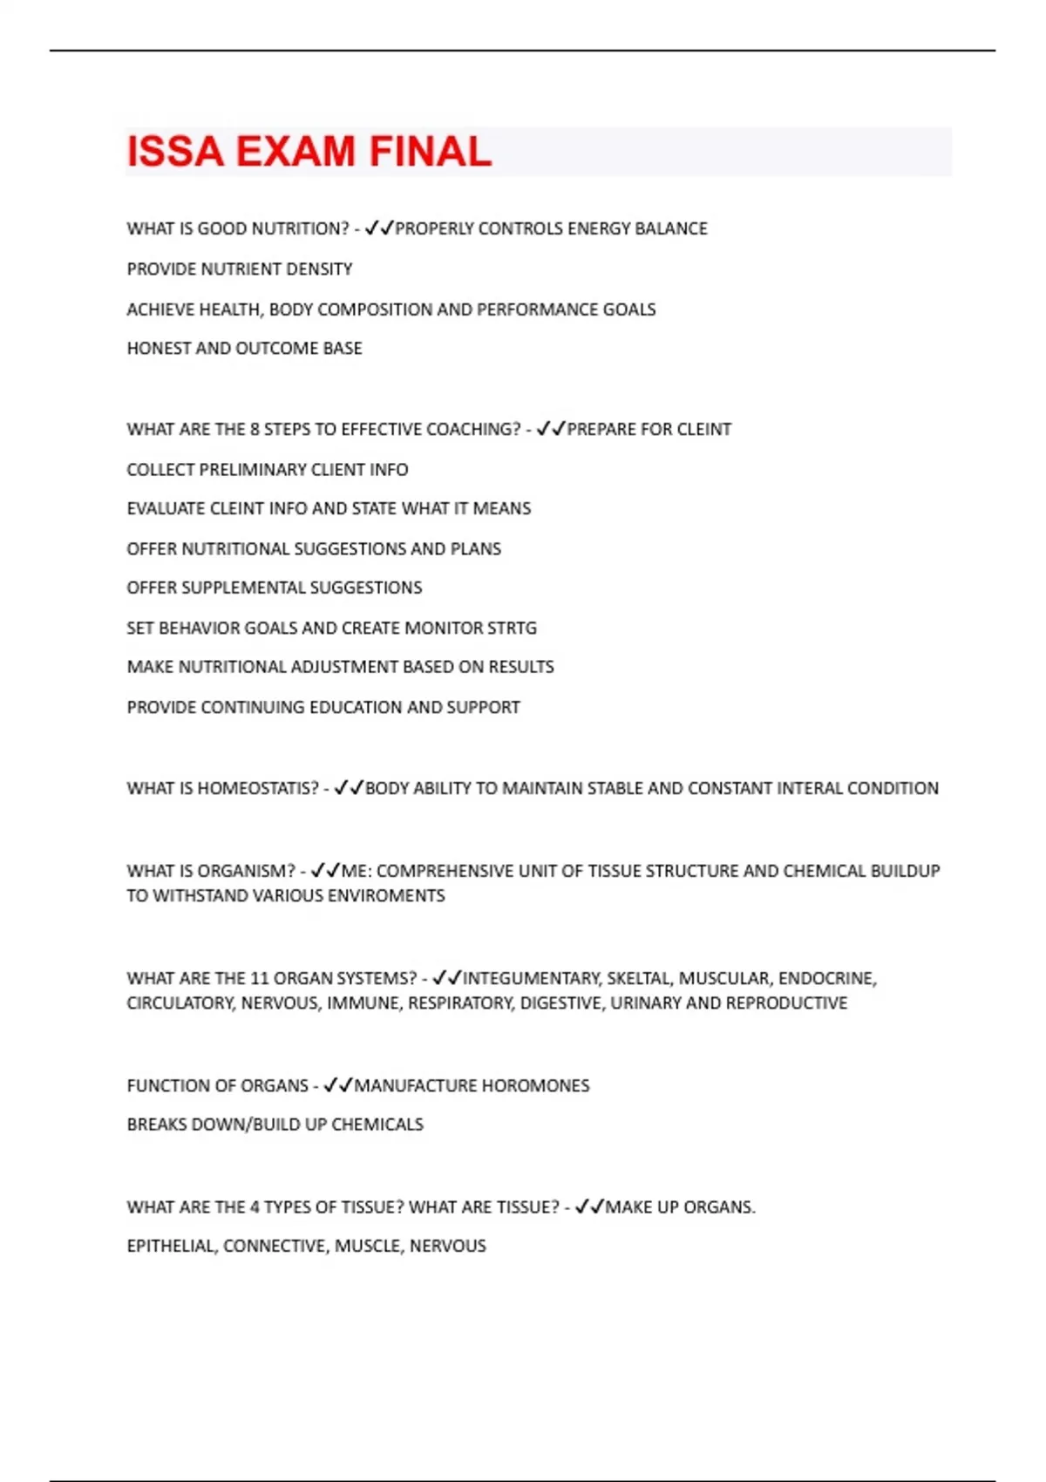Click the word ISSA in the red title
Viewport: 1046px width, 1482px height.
[175, 152]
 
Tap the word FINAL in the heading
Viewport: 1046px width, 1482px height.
[430, 152]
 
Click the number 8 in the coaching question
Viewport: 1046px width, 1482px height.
[255, 430]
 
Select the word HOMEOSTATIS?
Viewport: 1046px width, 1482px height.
[258, 789]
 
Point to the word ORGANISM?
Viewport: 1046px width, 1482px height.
[247, 871]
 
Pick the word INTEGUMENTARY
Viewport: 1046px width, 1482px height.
[532, 979]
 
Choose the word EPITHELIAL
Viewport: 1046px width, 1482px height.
[171, 1247]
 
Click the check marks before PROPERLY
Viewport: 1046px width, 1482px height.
[379, 228]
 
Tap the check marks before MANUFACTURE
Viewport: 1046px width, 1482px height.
[337, 1085]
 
